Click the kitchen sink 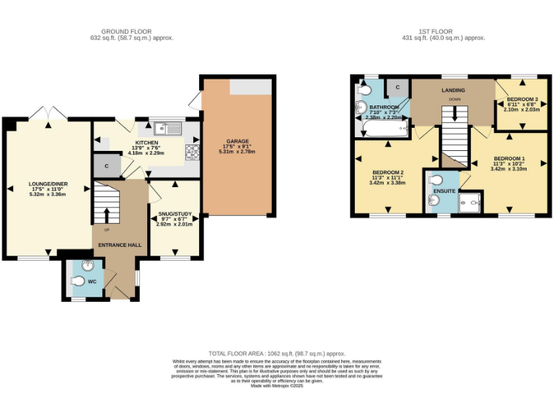pyautogui.click(x=173, y=129)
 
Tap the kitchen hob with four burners pyautogui.click(x=193, y=151)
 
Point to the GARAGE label pyautogui.click(x=237, y=142)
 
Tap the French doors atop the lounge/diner pyautogui.click(x=48, y=113)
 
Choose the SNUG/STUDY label pyautogui.click(x=174, y=214)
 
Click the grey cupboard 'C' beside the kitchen pyautogui.click(x=106, y=165)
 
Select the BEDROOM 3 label pyautogui.click(x=522, y=99)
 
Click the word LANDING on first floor pyautogui.click(x=453, y=90)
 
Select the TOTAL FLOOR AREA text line pyautogui.click(x=276, y=353)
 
